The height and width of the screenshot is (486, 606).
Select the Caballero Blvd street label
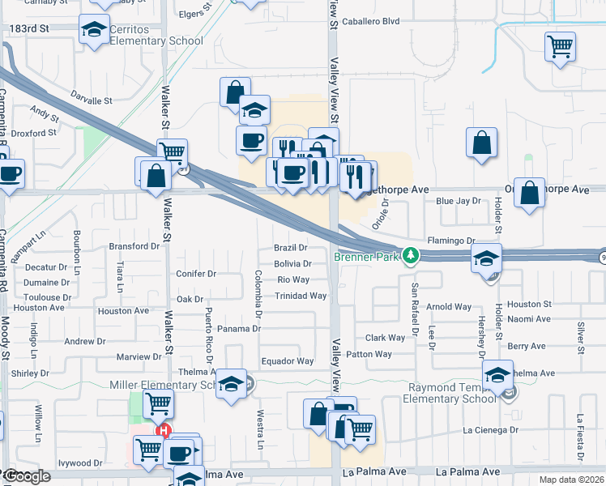pos(372,22)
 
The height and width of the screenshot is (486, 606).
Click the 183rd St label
pos(29,28)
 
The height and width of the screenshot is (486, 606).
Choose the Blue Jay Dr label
pos(458,200)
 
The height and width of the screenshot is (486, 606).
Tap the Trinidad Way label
pos(301,296)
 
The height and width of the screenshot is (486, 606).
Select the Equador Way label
pos(287,361)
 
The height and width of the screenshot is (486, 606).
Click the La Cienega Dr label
pos(490,430)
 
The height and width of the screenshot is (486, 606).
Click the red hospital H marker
pos(164,430)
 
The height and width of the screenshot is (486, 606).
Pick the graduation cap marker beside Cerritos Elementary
pos(94,30)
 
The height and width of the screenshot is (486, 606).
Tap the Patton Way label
pos(369,354)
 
